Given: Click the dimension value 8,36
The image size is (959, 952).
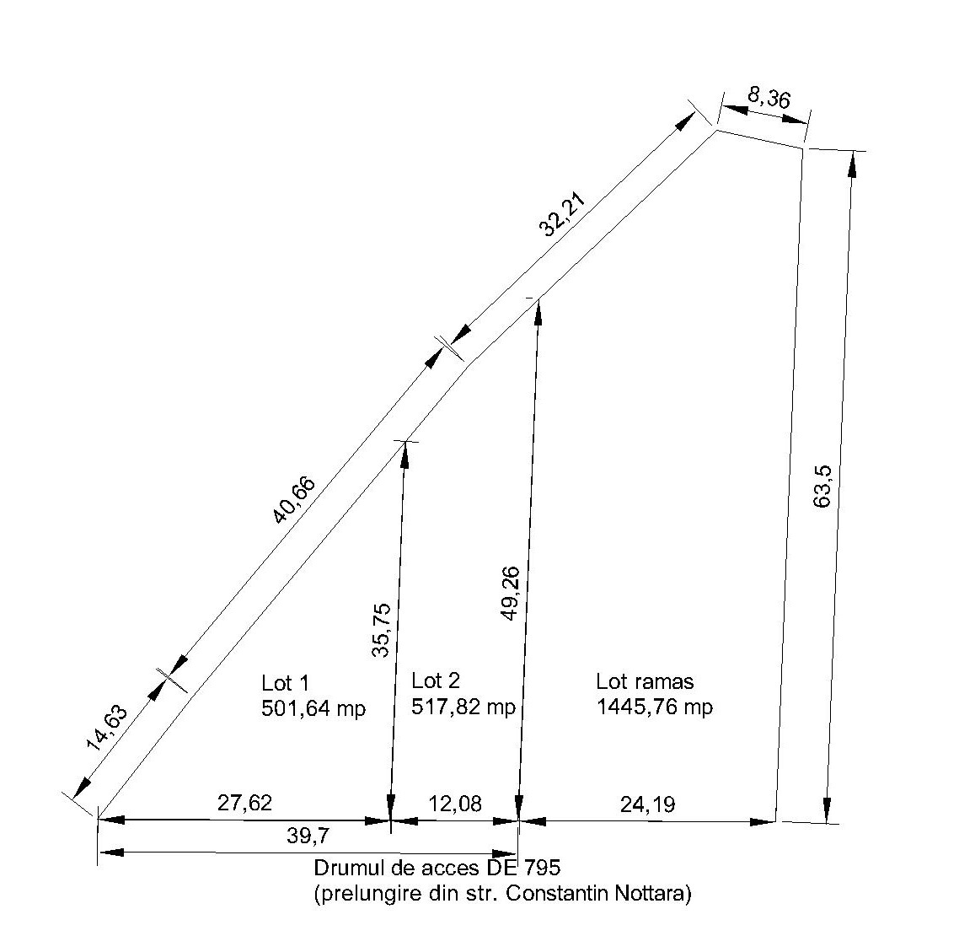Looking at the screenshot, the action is coord(769,98).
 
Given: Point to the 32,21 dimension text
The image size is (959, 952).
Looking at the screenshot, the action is coord(562,214).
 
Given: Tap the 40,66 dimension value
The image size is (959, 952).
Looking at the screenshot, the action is coord(294,500).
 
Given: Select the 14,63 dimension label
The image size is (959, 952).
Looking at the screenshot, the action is coord(107,728).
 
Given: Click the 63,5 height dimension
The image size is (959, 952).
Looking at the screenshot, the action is coord(822,487).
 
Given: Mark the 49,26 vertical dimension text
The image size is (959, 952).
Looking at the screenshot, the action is coord(510,594).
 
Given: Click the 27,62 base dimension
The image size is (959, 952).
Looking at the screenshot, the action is coord(244,802).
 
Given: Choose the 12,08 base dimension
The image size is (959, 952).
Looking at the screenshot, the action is coord(455,803).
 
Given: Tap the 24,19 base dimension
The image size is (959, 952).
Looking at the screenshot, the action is coord(648,804).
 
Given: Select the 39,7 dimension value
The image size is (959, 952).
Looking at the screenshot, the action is coord(308,835).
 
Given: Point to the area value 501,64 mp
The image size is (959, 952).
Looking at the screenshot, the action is coord(313,707).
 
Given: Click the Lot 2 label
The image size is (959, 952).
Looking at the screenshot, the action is coord(436,680).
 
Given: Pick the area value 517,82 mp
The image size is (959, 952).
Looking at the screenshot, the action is coord(463,707).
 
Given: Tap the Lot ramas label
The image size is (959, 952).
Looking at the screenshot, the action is coord(645,681).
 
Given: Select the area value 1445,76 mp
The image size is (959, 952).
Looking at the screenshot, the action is coord(655,707).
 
